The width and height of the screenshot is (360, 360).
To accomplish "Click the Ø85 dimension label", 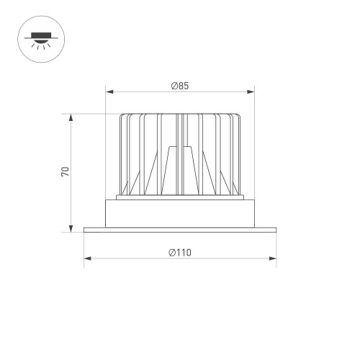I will click(x=180, y=86).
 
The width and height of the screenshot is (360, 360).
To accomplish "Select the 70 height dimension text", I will click(x=65, y=172).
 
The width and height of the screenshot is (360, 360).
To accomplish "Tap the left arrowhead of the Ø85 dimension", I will click(x=109, y=91).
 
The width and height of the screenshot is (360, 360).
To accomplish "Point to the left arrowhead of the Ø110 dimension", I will click(x=86, y=258).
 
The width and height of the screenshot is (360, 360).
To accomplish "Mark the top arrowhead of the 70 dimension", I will click(x=71, y=116).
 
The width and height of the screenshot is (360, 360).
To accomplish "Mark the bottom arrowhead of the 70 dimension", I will click(x=71, y=230).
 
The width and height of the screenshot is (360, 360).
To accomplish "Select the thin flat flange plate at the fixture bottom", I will click(x=180, y=230).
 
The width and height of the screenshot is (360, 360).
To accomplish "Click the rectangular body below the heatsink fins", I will click(x=180, y=212).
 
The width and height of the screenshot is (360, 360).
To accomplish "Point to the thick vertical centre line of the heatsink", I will click(x=181, y=155).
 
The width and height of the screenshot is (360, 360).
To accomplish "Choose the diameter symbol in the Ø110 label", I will click(x=174, y=253).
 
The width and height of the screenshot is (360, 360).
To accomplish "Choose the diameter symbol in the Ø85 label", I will click(x=175, y=86).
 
